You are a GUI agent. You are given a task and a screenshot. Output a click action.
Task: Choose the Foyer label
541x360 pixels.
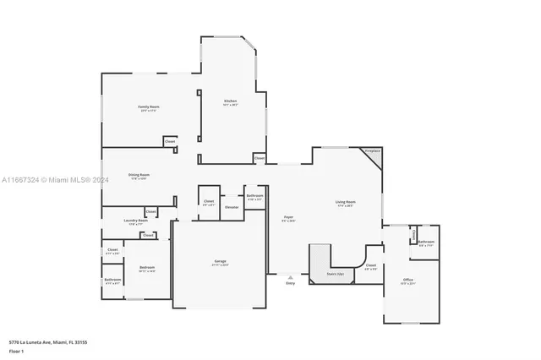288,217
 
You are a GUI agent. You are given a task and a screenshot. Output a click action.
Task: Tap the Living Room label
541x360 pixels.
345,202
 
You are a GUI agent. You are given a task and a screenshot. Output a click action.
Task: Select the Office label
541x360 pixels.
407,280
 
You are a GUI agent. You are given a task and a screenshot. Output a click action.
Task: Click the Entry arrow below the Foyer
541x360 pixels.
290,276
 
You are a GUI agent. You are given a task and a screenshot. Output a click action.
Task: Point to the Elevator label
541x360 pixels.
232,207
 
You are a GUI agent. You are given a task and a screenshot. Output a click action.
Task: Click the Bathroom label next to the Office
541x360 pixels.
426,243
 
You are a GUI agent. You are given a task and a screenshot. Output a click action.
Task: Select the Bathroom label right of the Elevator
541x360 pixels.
255,196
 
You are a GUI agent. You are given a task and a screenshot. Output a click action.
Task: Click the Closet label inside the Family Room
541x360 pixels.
170,141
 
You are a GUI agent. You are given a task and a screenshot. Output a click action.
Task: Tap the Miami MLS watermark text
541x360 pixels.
50,180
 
